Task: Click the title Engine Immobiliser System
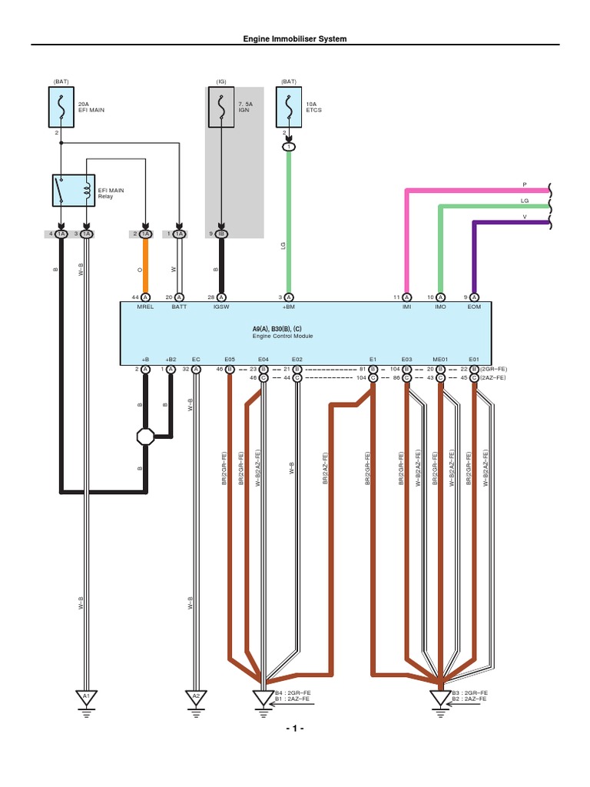pos(294,38)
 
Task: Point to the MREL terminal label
pos(145,306)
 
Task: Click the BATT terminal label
pos(179,306)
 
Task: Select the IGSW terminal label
pos(221,306)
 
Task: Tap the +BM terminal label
pos(289,306)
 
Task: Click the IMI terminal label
pos(406,306)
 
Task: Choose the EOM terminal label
pos(474,306)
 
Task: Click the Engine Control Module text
pos(283,336)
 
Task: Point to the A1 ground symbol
pos(86,696)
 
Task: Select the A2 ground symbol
pos(196,696)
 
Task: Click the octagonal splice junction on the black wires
pos(145,437)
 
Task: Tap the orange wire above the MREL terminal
pos(145,265)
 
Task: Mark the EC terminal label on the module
pos(196,358)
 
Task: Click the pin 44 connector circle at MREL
pos(145,297)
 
